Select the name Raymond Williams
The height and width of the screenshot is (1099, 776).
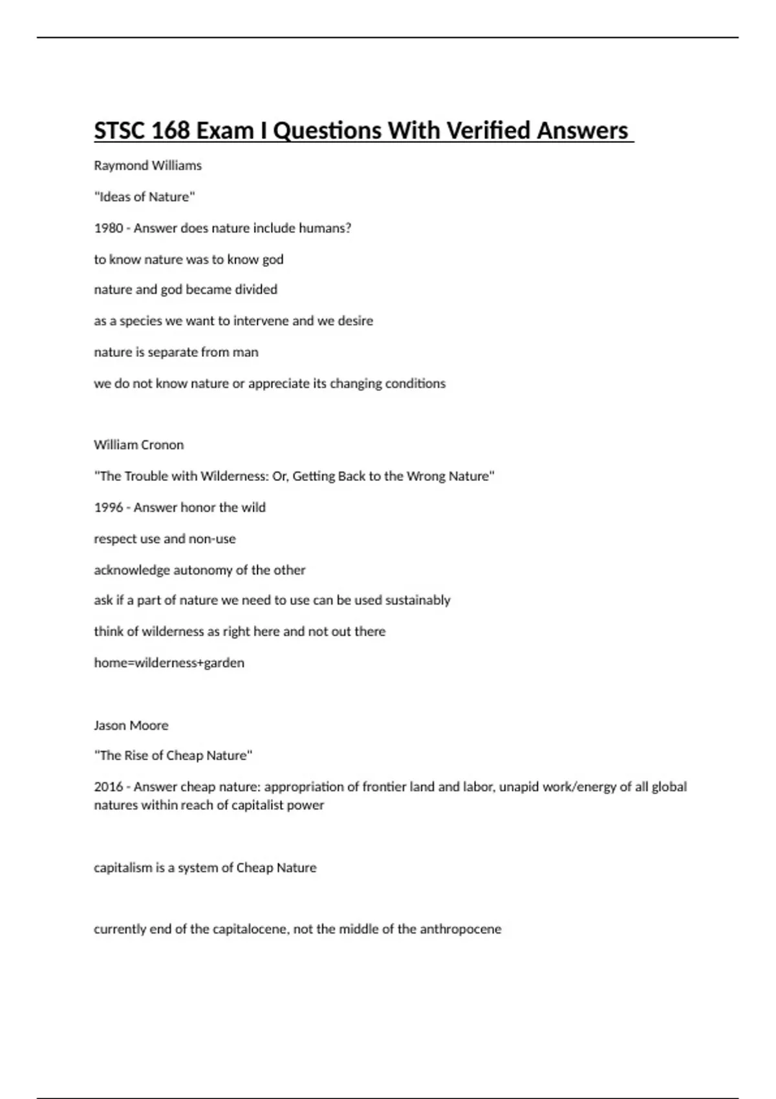[147, 165]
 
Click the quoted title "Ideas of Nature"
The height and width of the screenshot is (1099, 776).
[144, 197]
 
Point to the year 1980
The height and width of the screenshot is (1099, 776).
[108, 228]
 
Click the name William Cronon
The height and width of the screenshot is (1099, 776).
[138, 445]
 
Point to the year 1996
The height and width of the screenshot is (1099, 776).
[108, 507]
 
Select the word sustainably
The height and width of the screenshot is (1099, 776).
[418, 600]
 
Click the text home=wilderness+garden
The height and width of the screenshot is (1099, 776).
[169, 663]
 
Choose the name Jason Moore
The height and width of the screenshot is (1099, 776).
[131, 725]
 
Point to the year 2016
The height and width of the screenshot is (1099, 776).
[108, 787]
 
